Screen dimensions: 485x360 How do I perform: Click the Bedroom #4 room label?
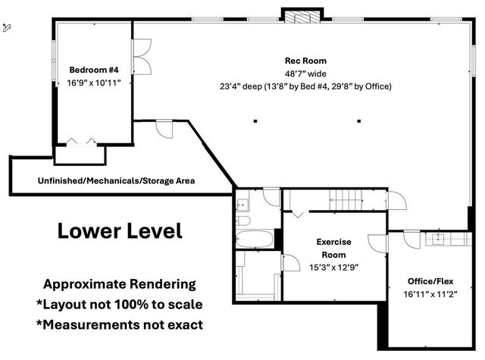tap(94, 70)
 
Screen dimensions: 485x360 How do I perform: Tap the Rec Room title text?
tap(305, 61)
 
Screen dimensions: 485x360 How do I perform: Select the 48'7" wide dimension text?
tap(305, 74)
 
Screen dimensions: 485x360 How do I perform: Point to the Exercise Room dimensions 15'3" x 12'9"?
tap(333, 268)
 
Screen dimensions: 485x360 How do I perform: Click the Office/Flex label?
tap(430, 281)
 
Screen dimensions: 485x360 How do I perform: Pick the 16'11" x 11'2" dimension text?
tap(430, 294)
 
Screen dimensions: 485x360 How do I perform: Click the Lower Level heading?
tap(120, 230)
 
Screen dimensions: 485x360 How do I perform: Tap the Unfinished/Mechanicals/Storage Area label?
tap(116, 180)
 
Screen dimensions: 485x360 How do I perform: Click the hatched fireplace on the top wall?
tap(302, 17)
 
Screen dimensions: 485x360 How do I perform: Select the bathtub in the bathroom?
tap(255, 239)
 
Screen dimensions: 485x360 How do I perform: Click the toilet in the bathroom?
tap(243, 221)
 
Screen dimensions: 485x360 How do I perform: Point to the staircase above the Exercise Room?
tap(346, 200)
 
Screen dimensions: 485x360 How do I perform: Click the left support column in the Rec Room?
tap(255, 121)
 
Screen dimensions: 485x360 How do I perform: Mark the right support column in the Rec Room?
tap(358, 121)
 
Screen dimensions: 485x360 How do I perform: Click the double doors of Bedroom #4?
tap(142, 57)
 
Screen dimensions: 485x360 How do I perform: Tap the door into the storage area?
tap(164, 129)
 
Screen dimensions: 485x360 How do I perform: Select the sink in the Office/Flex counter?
tap(438, 239)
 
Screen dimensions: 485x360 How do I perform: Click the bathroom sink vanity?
tap(242, 205)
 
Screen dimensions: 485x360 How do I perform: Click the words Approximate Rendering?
tap(120, 284)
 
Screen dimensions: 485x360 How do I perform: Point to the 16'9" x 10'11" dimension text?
tap(94, 83)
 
